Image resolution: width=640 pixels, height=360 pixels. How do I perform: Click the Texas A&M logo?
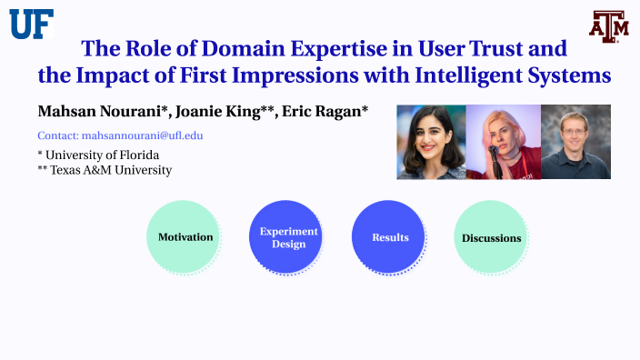(608, 26)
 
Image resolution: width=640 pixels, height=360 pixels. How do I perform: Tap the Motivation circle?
(185, 237)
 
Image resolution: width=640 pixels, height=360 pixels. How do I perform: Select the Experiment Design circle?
(288, 237)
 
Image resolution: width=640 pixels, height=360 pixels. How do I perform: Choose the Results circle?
(390, 237)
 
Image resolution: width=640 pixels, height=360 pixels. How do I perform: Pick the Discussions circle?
(492, 238)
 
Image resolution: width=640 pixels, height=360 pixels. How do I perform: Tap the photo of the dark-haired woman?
(431, 142)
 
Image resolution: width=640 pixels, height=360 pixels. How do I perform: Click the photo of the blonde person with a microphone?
(503, 142)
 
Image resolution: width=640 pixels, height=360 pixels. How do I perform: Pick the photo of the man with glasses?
(575, 142)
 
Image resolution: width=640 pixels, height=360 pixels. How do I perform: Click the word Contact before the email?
(57, 135)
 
